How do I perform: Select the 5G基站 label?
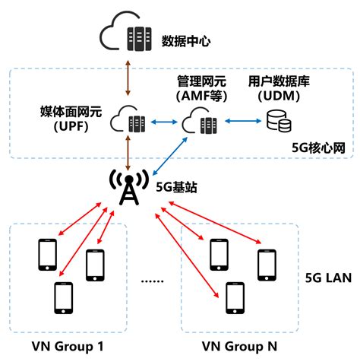point(172,186)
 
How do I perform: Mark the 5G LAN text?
point(327,278)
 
